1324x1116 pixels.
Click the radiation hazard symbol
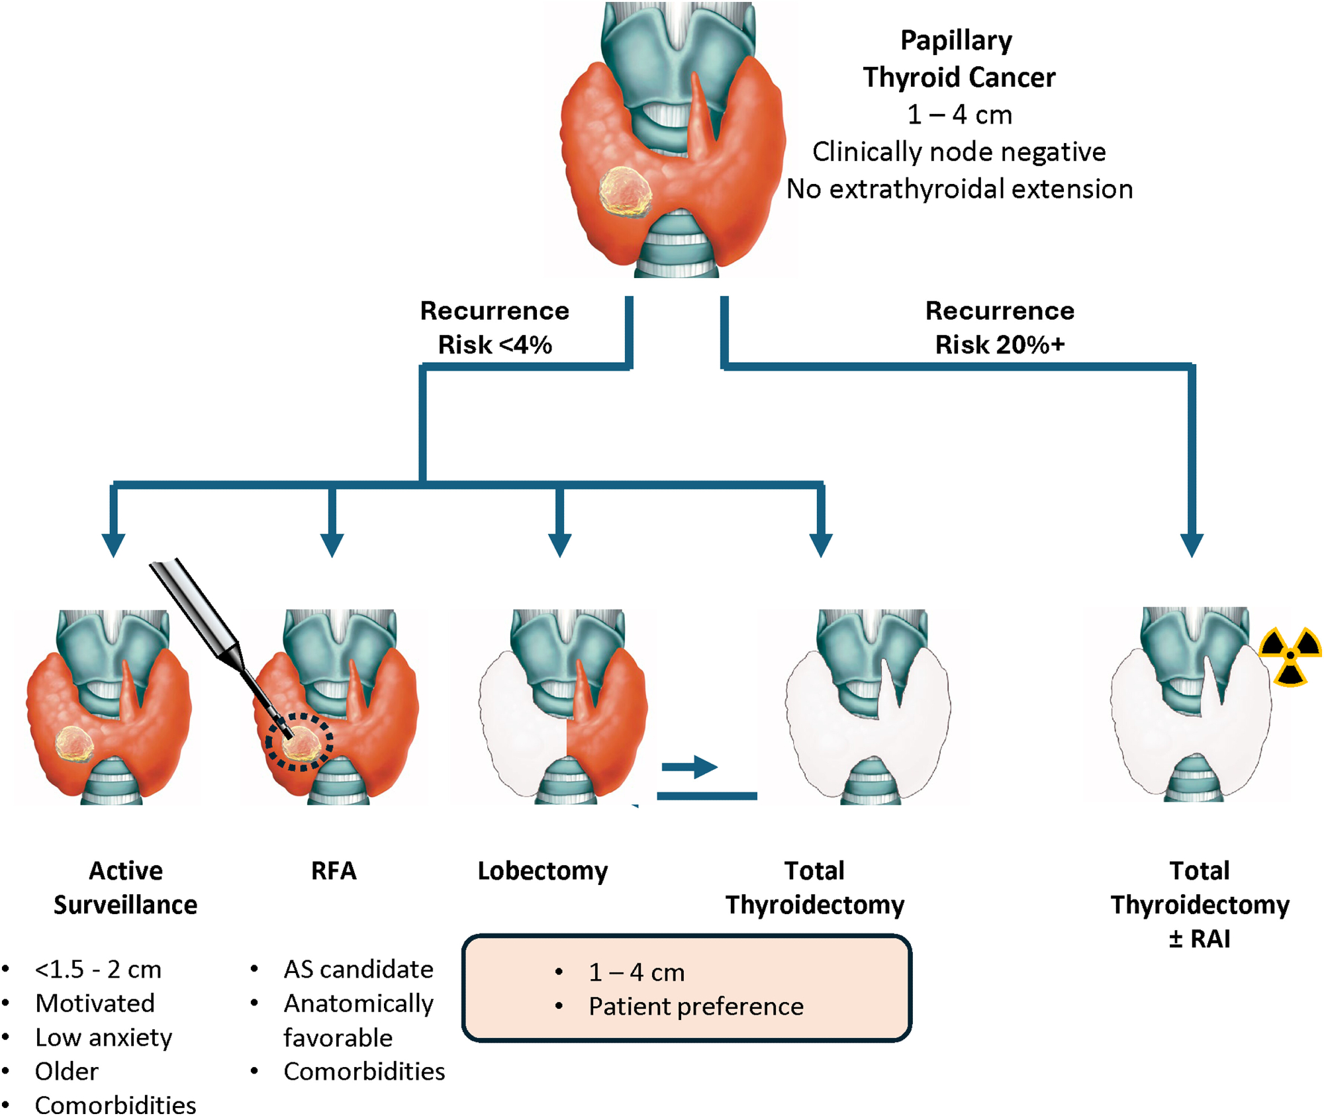point(1290,656)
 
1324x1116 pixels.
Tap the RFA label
point(334,871)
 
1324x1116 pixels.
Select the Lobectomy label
point(542,871)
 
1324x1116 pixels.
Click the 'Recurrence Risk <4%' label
point(495,328)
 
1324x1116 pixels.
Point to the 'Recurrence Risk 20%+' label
point(999,328)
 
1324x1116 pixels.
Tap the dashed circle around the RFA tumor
point(299,741)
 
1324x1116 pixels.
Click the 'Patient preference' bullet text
point(696,1007)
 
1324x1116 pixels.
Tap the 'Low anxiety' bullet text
point(103,1037)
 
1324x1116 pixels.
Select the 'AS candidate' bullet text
point(358,969)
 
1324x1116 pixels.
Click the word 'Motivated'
point(95,1003)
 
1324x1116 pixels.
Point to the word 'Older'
point(67,1071)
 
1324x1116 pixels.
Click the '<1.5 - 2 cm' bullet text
point(98,969)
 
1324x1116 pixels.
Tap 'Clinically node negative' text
point(959,152)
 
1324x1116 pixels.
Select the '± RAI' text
point(1199,939)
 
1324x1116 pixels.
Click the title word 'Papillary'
point(956,40)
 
